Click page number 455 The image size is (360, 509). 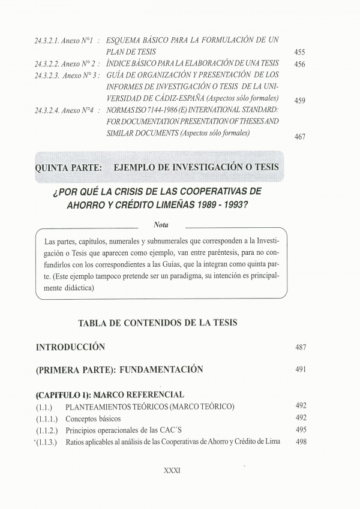[x=300, y=52]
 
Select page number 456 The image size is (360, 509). [x=300, y=64]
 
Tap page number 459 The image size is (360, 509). [x=300, y=100]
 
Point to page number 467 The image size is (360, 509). [x=300, y=137]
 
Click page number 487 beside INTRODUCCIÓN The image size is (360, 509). [x=301, y=347]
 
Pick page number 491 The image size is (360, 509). [x=301, y=369]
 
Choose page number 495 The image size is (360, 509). [x=301, y=430]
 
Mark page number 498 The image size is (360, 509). [x=301, y=441]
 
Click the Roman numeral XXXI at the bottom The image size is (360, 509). [x=172, y=471]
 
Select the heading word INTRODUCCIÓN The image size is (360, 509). [x=71, y=347]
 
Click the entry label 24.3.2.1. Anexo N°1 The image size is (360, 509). [x=64, y=40]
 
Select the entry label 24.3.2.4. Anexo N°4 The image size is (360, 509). [x=64, y=110]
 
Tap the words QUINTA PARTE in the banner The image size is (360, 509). [x=68, y=165]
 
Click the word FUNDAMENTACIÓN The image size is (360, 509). [x=161, y=369]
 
